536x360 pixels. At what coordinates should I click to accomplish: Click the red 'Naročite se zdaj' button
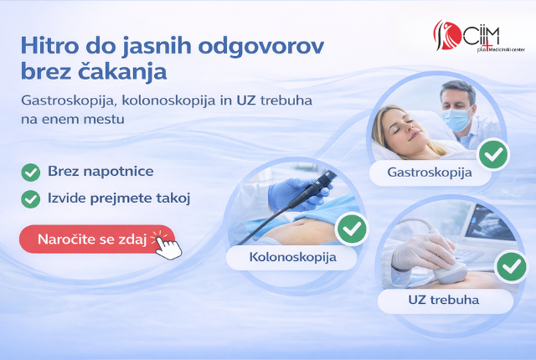97,239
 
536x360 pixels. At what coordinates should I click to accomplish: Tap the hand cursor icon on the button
168,248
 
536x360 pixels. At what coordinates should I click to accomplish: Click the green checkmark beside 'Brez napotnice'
31,172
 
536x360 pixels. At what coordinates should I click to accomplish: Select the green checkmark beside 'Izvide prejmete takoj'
31,199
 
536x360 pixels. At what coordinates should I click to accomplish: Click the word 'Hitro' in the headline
50,45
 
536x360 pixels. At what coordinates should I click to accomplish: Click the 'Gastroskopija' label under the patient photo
430,172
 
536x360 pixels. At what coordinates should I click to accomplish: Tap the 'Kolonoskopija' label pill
292,257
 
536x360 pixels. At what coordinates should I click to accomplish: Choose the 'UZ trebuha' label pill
444,301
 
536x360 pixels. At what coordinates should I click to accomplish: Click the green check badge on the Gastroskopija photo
493,154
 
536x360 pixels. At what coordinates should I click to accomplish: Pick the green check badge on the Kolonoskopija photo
352,229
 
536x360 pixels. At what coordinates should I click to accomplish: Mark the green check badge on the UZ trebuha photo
512,266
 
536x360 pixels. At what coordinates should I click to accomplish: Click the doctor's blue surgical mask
456,119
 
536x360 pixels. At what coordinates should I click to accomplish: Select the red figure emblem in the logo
447,35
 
